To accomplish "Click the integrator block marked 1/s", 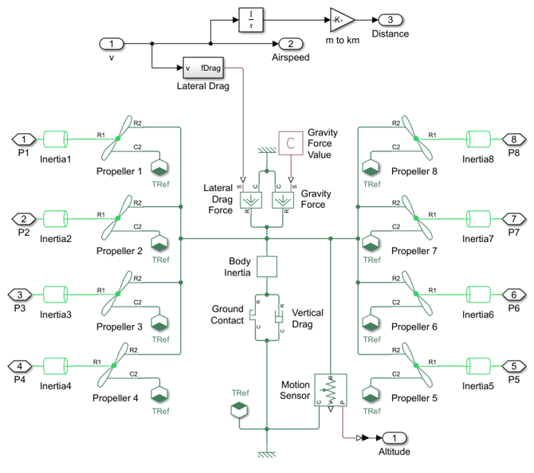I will (x=250, y=21).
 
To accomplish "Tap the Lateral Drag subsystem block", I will (x=203, y=68).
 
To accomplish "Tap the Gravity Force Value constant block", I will (x=290, y=143).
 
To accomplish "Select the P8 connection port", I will (x=515, y=139).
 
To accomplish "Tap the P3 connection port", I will (x=20, y=291).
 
